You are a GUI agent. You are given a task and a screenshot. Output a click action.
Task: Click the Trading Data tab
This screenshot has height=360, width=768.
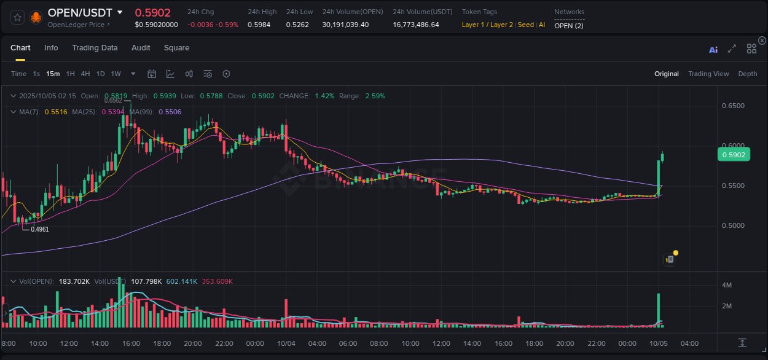click(95, 48)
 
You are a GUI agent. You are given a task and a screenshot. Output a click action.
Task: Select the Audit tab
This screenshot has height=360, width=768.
click(141, 48)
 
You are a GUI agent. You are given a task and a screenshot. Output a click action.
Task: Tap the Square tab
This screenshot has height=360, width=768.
click(176, 48)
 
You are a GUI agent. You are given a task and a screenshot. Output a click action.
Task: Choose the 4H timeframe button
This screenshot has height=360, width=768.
click(85, 74)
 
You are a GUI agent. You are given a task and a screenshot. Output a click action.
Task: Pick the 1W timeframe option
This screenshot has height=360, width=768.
click(116, 74)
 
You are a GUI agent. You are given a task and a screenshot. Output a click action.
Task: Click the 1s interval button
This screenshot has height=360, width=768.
click(36, 74)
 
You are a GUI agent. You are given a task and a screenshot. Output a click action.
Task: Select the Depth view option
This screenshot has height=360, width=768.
click(747, 74)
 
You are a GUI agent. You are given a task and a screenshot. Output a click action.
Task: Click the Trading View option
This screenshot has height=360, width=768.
click(708, 74)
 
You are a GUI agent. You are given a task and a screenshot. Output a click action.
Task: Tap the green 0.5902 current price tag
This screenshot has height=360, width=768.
click(733, 155)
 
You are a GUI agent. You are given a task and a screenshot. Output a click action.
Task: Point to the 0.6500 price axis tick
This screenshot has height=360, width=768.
click(732, 106)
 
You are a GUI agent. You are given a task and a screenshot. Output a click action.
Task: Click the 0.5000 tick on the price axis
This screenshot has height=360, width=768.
click(732, 225)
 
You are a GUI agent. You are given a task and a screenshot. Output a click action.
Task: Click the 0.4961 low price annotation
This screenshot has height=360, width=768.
click(40, 229)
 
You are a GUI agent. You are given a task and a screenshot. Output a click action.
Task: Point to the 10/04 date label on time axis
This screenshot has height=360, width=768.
click(286, 343)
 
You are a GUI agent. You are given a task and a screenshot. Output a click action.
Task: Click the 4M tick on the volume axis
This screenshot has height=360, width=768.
click(726, 285)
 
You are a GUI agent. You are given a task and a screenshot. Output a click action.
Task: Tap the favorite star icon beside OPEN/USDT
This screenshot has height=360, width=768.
click(17, 17)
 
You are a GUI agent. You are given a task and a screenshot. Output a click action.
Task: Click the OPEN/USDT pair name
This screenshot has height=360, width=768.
click(80, 12)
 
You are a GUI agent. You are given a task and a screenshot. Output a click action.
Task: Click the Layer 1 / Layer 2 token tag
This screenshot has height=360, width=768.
click(487, 25)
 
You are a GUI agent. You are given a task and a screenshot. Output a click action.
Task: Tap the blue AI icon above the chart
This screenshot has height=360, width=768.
click(713, 50)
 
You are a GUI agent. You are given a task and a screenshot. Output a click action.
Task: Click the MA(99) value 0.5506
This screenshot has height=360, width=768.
click(170, 112)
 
